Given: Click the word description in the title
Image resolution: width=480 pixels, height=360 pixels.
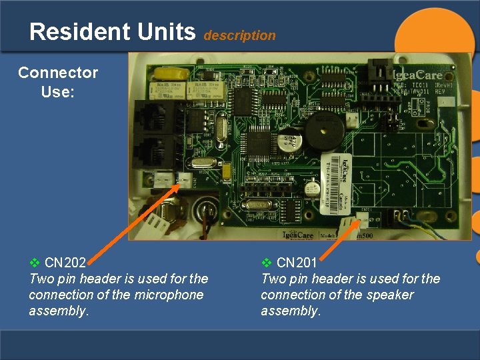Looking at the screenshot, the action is click(x=239, y=36).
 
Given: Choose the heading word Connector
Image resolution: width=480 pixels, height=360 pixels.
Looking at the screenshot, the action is click(x=58, y=73).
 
